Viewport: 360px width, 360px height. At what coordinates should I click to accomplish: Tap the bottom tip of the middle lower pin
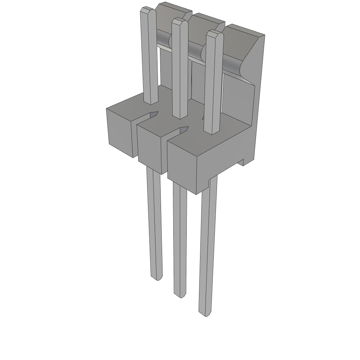click(x=180, y=295)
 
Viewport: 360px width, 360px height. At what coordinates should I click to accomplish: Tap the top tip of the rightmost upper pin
click(x=214, y=33)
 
